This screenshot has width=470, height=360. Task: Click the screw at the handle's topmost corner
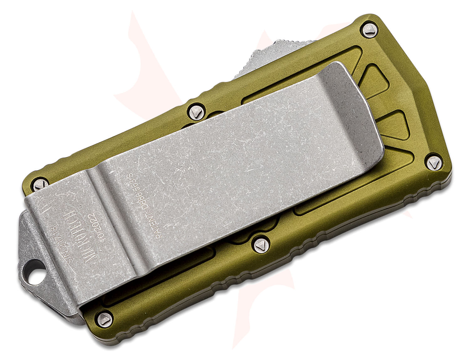(x=368, y=29)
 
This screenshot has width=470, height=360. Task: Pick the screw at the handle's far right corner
(x=433, y=163)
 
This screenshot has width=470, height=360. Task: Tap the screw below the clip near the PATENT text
(x=260, y=244)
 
